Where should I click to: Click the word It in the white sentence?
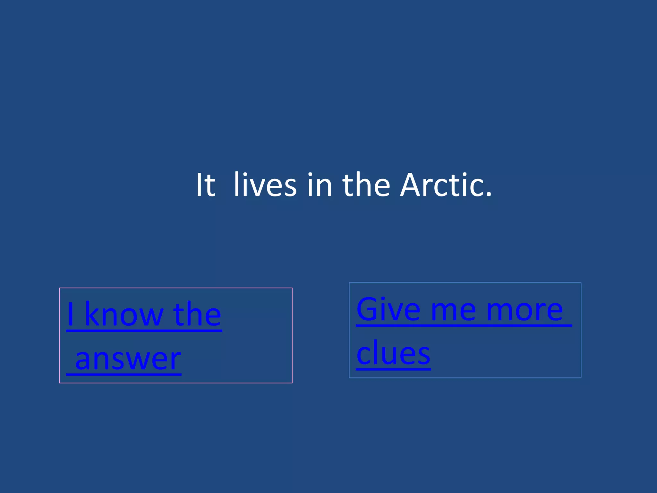(x=206, y=186)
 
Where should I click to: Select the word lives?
(x=265, y=186)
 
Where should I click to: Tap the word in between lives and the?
(x=319, y=186)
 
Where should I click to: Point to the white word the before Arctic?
(x=366, y=186)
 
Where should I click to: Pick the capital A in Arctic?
(x=412, y=186)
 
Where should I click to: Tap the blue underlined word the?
(x=197, y=315)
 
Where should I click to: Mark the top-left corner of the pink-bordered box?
(x=60, y=288)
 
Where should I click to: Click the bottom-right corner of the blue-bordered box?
(x=581, y=377)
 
